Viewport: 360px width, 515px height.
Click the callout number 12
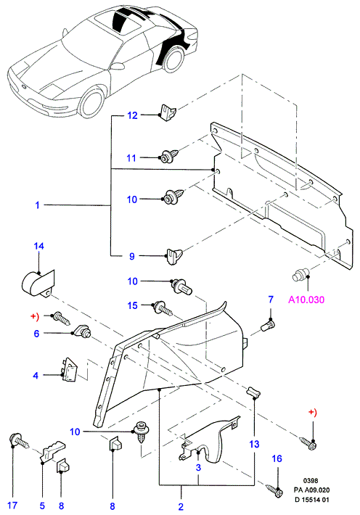pyautogui.click(x=132, y=115)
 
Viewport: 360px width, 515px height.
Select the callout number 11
pyautogui.click(x=131, y=158)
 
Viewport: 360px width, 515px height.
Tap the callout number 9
pyautogui.click(x=132, y=256)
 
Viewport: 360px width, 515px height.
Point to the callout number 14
pyautogui.click(x=38, y=246)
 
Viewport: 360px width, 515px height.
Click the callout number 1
pyautogui.click(x=37, y=205)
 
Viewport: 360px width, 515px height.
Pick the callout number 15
pyautogui.click(x=132, y=305)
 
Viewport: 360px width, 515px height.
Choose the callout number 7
pyautogui.click(x=271, y=300)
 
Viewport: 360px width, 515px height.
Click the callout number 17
pyautogui.click(x=12, y=505)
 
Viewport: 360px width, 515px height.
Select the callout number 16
pyautogui.click(x=277, y=458)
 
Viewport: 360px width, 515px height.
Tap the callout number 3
pyautogui.click(x=198, y=467)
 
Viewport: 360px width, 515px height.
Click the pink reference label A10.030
pyautogui.click(x=306, y=300)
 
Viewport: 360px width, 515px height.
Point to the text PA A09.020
pyautogui.click(x=311, y=490)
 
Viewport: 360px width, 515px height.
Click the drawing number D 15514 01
pyautogui.click(x=311, y=500)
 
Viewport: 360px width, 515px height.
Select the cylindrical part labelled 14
pyautogui.click(x=36, y=282)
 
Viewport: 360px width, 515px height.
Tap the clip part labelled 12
pyautogui.click(x=168, y=112)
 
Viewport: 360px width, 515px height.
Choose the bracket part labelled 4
pyautogui.click(x=69, y=370)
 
